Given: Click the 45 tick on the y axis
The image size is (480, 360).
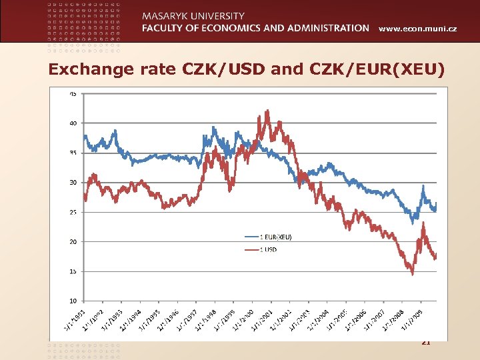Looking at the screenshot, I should click(x=73, y=93).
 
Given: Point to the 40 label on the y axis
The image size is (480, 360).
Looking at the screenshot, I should click(x=73, y=123).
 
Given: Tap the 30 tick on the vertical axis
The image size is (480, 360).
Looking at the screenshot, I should click(x=73, y=182).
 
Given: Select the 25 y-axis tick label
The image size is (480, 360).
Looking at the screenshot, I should click(x=73, y=212).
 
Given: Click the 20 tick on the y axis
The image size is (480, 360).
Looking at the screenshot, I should click(x=73, y=241).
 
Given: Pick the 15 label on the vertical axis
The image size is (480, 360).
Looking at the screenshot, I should click(x=73, y=271).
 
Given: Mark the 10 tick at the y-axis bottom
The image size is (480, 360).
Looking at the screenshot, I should click(x=73, y=301).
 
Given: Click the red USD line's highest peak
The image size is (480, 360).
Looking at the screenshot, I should click(x=267, y=111).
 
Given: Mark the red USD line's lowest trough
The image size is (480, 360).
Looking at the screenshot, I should click(x=412, y=273).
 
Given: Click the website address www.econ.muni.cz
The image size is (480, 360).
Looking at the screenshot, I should click(x=418, y=28).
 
